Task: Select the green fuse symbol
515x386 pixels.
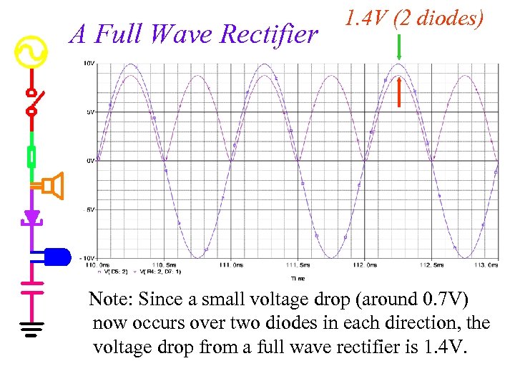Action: [x=31, y=157]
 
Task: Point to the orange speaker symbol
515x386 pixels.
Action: [x=51, y=187]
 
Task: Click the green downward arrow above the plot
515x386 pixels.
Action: [x=399, y=48]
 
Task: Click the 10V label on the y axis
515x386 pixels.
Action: [x=89, y=64]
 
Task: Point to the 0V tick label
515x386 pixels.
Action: [x=90, y=161]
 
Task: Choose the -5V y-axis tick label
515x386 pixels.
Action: [x=89, y=209]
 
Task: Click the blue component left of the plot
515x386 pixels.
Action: [x=57, y=255]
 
